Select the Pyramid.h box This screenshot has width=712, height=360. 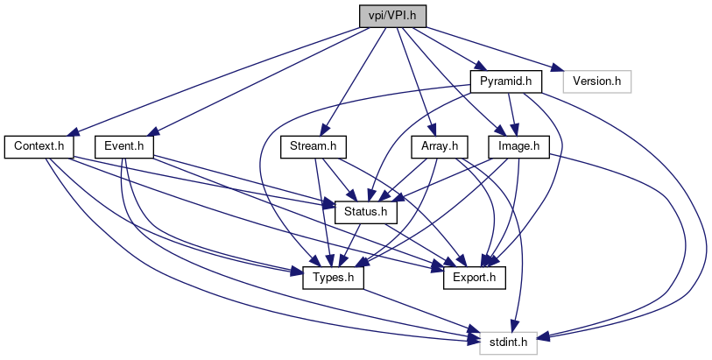[505, 81]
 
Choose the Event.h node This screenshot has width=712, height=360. [123, 145]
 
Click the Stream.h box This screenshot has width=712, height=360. [314, 145]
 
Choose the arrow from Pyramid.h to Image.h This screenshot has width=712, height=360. [511, 114]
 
